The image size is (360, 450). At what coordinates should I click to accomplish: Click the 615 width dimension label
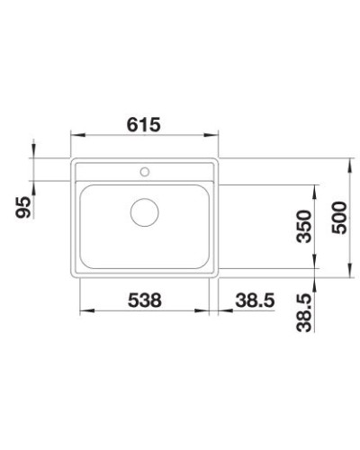click(144, 124)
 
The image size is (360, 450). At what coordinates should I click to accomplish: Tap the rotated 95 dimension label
click(23, 207)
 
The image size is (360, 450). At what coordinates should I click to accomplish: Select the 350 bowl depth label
click(303, 226)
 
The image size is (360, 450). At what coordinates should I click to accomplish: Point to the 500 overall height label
click(339, 218)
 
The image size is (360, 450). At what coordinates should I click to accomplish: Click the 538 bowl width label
click(145, 300)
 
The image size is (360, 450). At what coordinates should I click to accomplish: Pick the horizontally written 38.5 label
click(255, 300)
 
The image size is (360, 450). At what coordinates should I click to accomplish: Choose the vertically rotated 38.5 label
click(303, 312)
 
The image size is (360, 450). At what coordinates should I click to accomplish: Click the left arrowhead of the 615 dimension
click(77, 135)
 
